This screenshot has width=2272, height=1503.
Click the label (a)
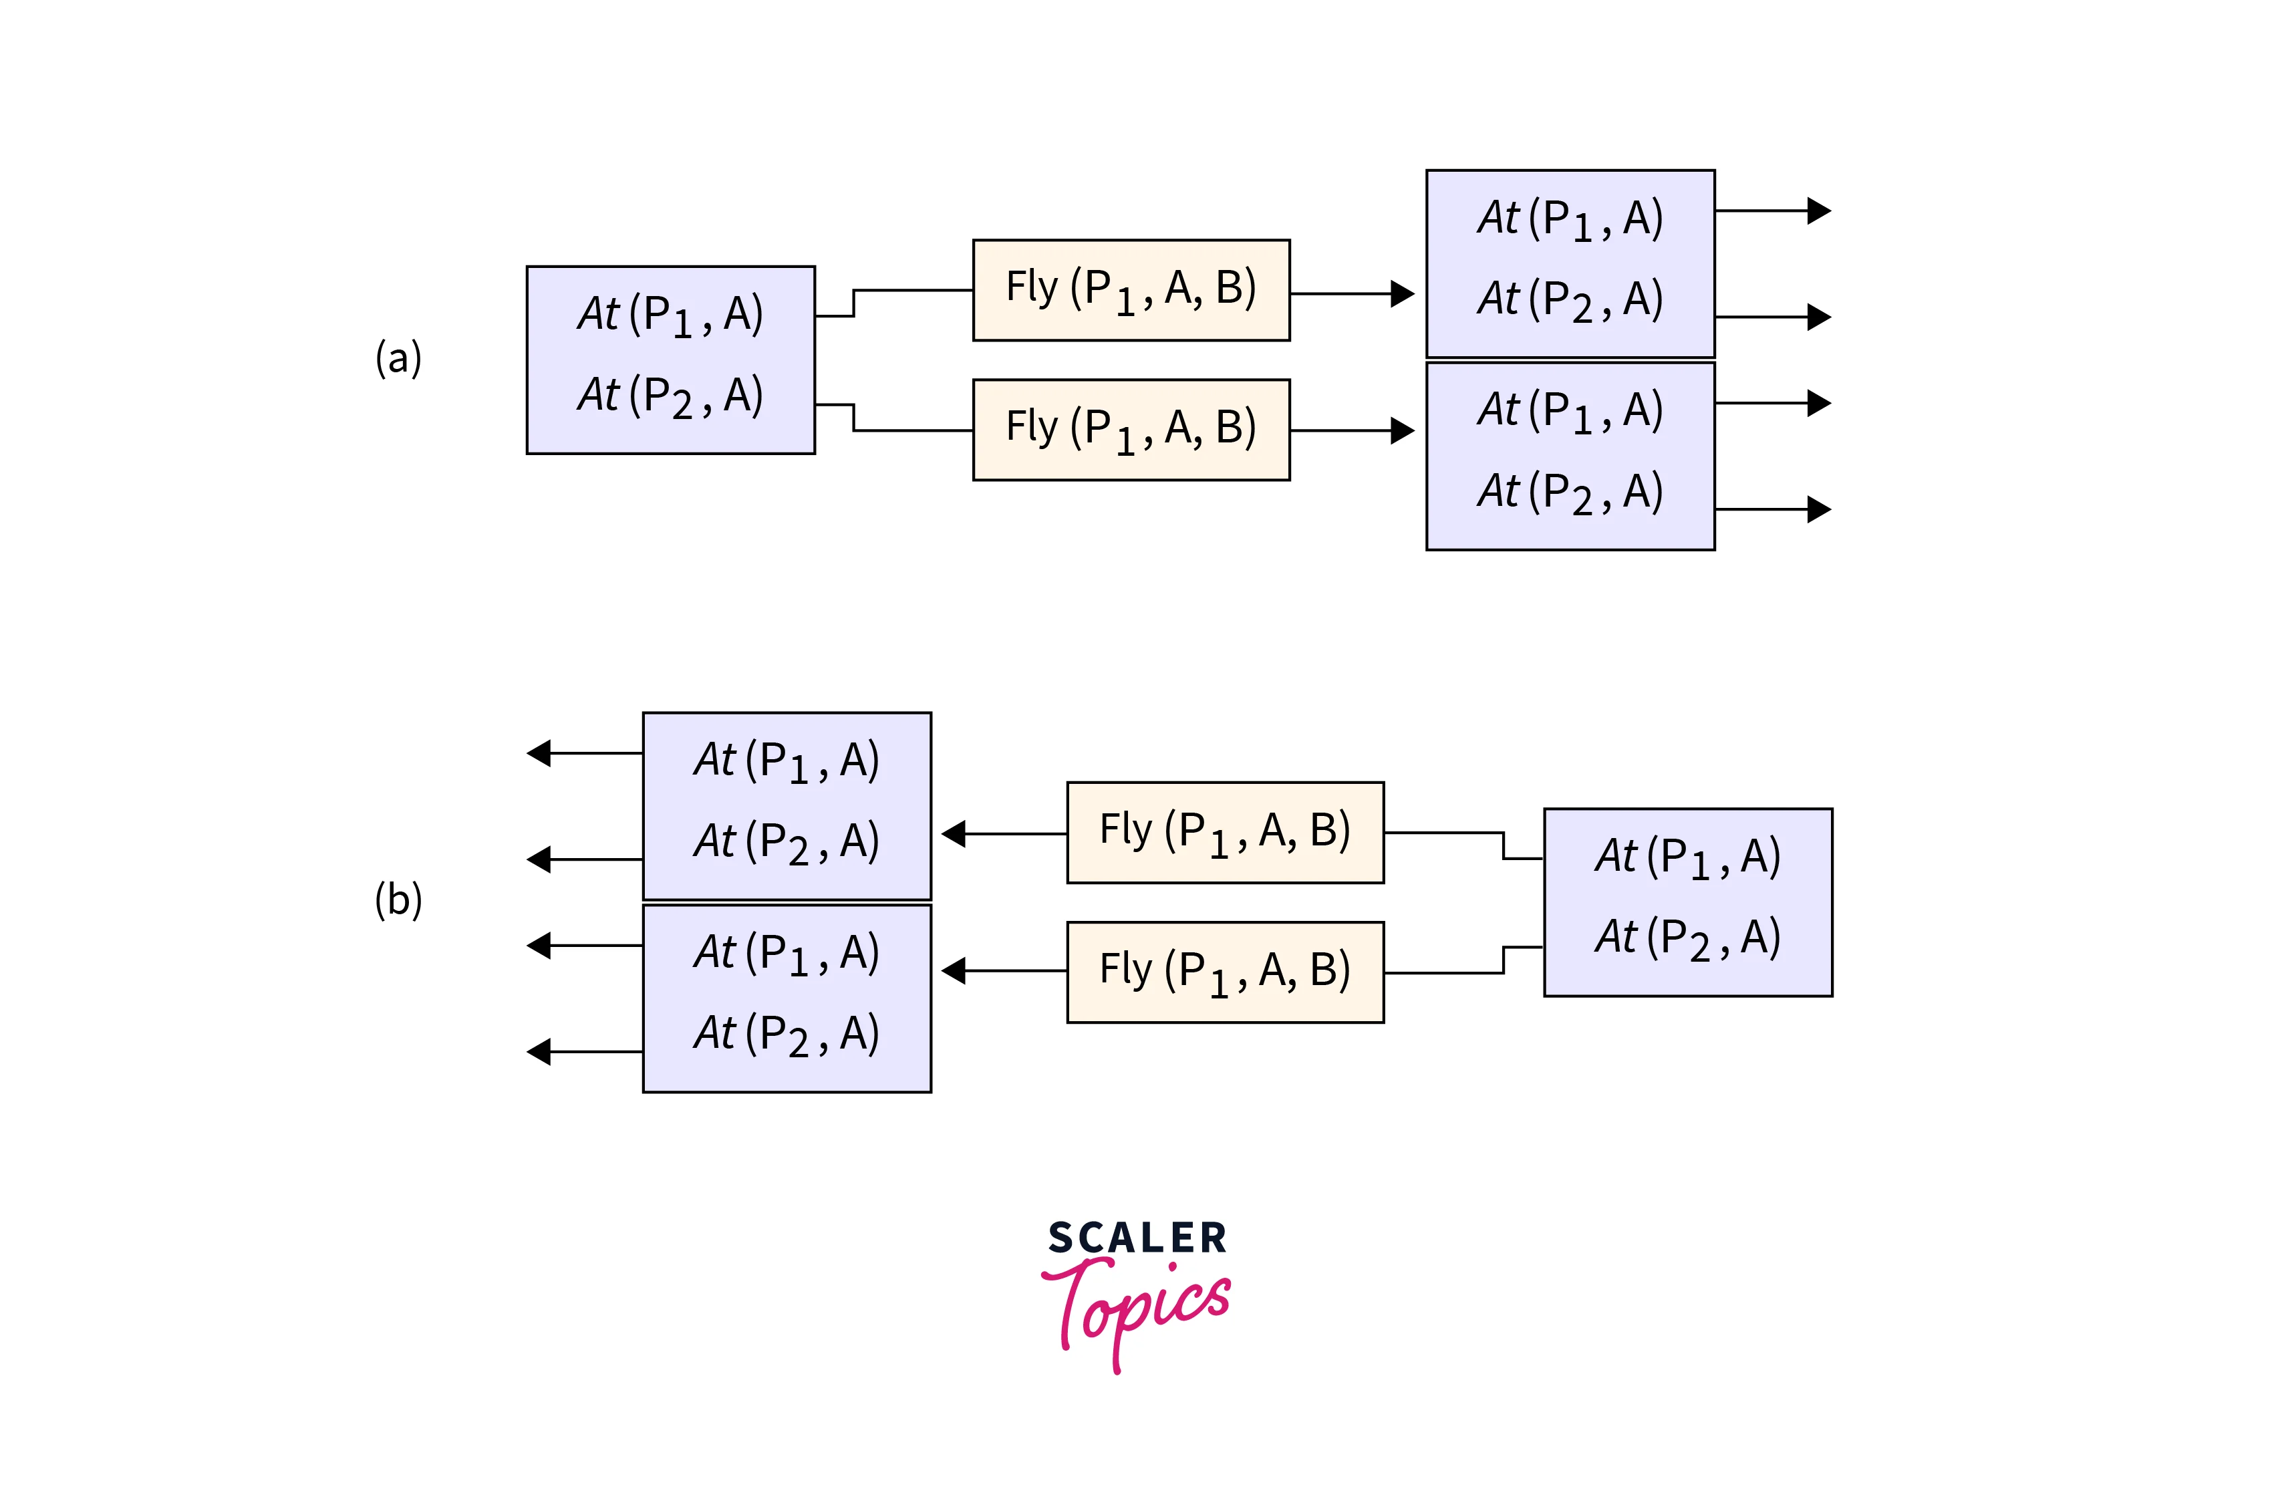398,358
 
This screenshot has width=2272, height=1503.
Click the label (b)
398,900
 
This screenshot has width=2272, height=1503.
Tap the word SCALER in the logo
1137,1238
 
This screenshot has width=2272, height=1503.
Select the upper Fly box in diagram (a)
1131,289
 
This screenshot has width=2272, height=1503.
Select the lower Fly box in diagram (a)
1131,430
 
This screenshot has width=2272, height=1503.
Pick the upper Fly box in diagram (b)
1225,832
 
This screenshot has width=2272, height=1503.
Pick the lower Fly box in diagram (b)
1225,972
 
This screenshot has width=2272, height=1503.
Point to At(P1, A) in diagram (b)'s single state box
1687,857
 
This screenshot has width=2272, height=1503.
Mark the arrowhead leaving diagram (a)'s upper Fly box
1403,293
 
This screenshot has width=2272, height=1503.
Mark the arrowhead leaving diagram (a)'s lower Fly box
1403,430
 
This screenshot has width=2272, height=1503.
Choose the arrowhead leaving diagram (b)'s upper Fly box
954,834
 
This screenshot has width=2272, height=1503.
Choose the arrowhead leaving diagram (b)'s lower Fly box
954,971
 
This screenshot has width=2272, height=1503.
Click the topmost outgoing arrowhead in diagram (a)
1819,211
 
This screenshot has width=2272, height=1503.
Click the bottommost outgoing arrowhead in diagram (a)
1819,509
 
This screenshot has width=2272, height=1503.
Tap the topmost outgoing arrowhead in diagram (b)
539,753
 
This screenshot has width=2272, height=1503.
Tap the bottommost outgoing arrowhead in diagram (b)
539,1051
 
